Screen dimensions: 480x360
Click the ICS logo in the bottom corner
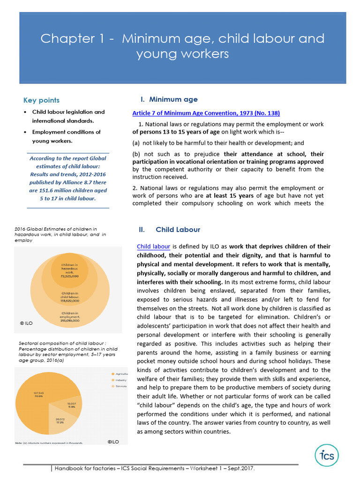(327, 455)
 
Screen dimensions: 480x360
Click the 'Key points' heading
(41, 100)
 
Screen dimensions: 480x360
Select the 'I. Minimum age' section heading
(169, 99)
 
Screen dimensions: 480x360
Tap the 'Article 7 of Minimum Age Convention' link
(206, 113)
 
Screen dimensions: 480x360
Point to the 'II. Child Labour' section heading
(169, 230)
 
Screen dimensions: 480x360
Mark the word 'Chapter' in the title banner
(61, 38)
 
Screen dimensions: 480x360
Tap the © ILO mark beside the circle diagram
(26, 323)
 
